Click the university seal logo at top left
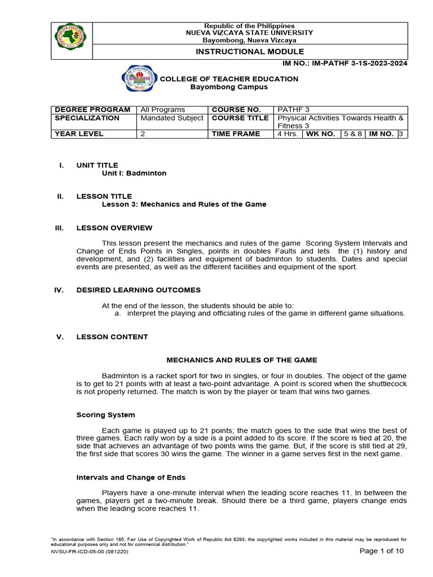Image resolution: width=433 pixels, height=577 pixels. (x=71, y=41)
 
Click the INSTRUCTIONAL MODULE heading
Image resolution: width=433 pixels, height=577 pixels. (x=249, y=52)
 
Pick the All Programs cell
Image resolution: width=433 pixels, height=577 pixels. (x=163, y=109)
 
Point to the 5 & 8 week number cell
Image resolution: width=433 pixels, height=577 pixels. (x=353, y=134)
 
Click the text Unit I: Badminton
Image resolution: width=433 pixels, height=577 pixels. (x=134, y=173)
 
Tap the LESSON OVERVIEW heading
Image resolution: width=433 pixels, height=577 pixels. (x=114, y=228)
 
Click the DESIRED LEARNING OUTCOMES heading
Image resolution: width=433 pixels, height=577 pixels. (x=138, y=290)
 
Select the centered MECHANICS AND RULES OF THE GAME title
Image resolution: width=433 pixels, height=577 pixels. (x=242, y=359)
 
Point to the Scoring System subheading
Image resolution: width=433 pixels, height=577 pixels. (x=105, y=415)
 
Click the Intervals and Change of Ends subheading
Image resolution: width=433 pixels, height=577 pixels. (x=131, y=477)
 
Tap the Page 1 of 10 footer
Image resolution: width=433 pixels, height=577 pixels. (x=382, y=551)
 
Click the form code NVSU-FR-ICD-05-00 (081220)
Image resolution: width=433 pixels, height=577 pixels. (x=90, y=552)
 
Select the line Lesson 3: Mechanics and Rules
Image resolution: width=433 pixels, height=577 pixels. (x=184, y=204)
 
